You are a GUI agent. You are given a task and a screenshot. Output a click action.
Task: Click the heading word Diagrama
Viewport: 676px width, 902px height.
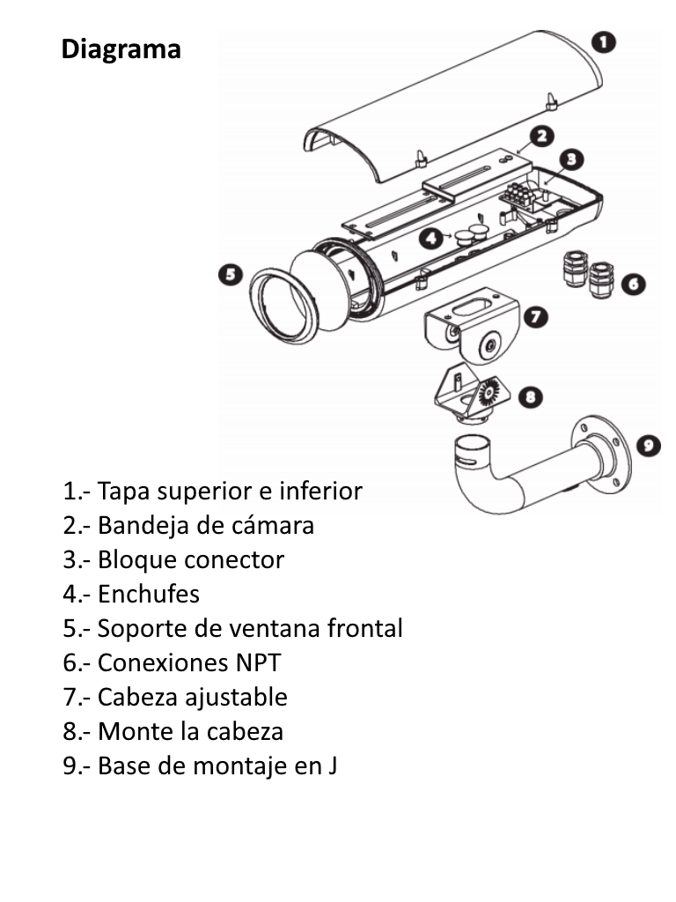pos(121,48)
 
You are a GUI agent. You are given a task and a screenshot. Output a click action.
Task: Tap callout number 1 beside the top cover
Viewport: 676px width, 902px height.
pos(603,41)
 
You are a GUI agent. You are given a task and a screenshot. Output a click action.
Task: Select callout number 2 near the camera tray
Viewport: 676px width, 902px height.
pos(541,136)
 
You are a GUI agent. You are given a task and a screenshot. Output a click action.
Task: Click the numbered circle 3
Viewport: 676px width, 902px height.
pos(571,159)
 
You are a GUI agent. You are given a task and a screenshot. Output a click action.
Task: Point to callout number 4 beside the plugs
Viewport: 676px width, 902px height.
pos(430,237)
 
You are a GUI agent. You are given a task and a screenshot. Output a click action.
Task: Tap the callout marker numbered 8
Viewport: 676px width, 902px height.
pos(528,397)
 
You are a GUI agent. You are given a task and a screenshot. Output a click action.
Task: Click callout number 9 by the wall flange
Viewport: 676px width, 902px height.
pos(649,446)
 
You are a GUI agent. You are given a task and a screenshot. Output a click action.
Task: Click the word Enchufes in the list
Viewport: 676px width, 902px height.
pos(149,594)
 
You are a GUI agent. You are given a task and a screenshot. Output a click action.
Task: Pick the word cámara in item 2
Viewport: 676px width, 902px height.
pos(273,525)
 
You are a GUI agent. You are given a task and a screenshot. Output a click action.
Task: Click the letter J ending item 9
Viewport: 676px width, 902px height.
pos(333,765)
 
